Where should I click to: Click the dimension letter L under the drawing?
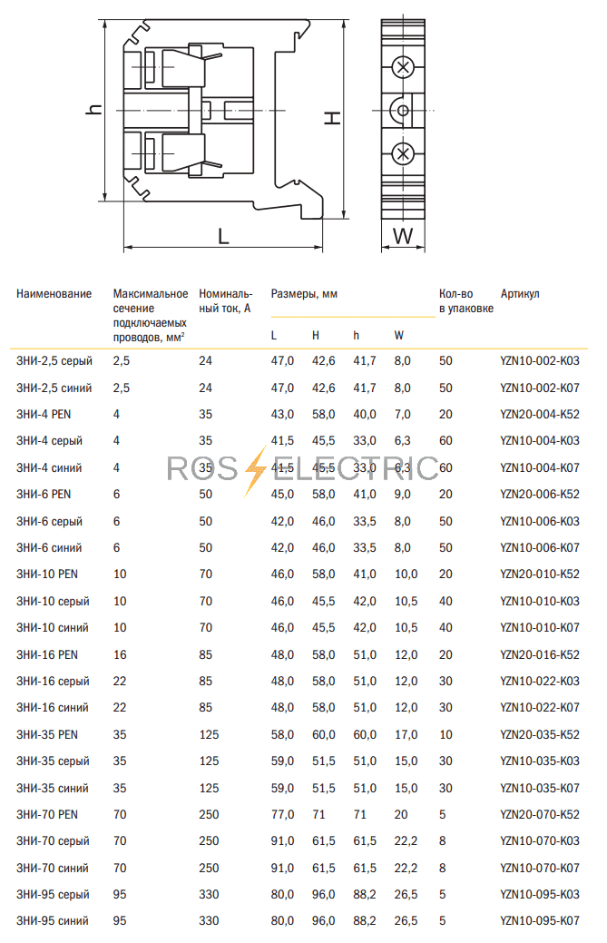click(x=223, y=236)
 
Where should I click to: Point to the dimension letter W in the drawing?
click(x=404, y=237)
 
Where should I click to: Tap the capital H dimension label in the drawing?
click(x=333, y=118)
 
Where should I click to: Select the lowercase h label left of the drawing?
click(x=93, y=109)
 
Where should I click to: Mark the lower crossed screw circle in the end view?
click(x=404, y=153)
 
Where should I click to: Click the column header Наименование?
click(x=54, y=294)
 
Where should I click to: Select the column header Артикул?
click(x=520, y=294)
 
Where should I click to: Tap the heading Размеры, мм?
click(x=304, y=294)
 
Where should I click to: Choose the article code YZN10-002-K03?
click(x=539, y=361)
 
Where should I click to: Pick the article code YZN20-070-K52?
click(x=539, y=815)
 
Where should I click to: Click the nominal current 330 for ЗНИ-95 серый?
click(x=209, y=895)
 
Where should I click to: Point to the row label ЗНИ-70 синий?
click(x=53, y=869)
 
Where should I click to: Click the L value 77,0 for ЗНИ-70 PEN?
click(x=283, y=815)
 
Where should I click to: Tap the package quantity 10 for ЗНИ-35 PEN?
click(x=445, y=735)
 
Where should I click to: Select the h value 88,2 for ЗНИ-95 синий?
click(x=364, y=922)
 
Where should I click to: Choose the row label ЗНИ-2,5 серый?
click(x=54, y=361)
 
